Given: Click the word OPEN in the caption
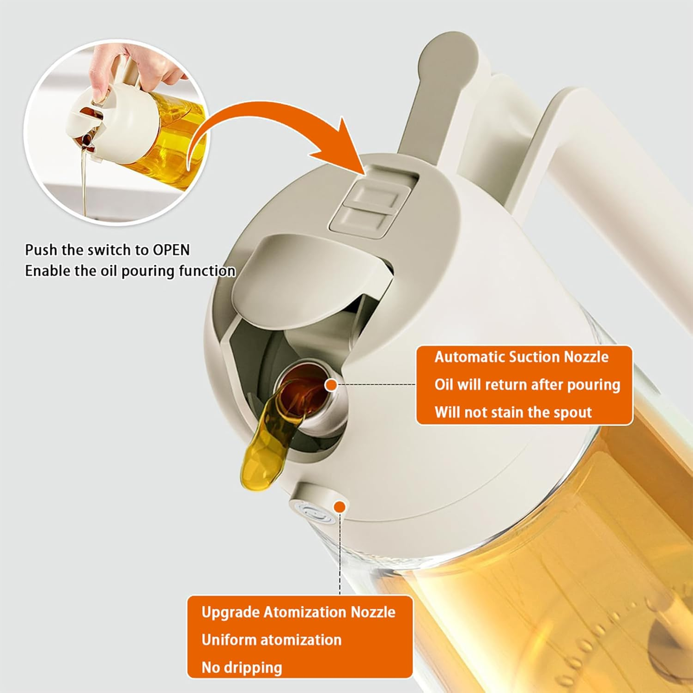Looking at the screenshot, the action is pos(171,250).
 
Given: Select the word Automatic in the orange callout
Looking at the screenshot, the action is pos(469,357).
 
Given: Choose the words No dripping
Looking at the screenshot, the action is pos(242,668).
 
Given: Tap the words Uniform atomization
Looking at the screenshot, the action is pos(271,640).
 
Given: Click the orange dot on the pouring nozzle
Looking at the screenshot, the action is pos(331,385).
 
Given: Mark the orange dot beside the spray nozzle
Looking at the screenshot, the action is pos(340,507).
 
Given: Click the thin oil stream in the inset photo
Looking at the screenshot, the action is pos(85,180).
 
